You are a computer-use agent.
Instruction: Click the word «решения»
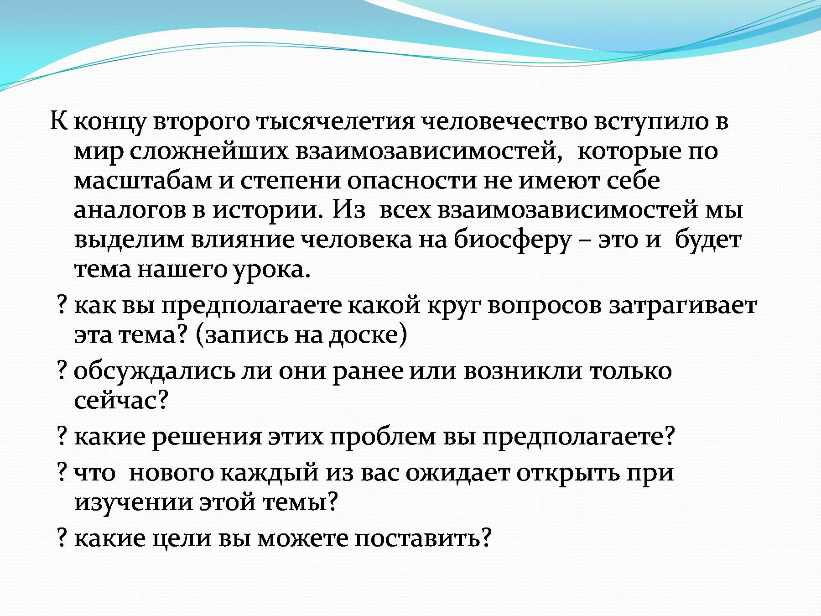(x=207, y=437)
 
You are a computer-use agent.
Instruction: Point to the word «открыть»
(x=568, y=474)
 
